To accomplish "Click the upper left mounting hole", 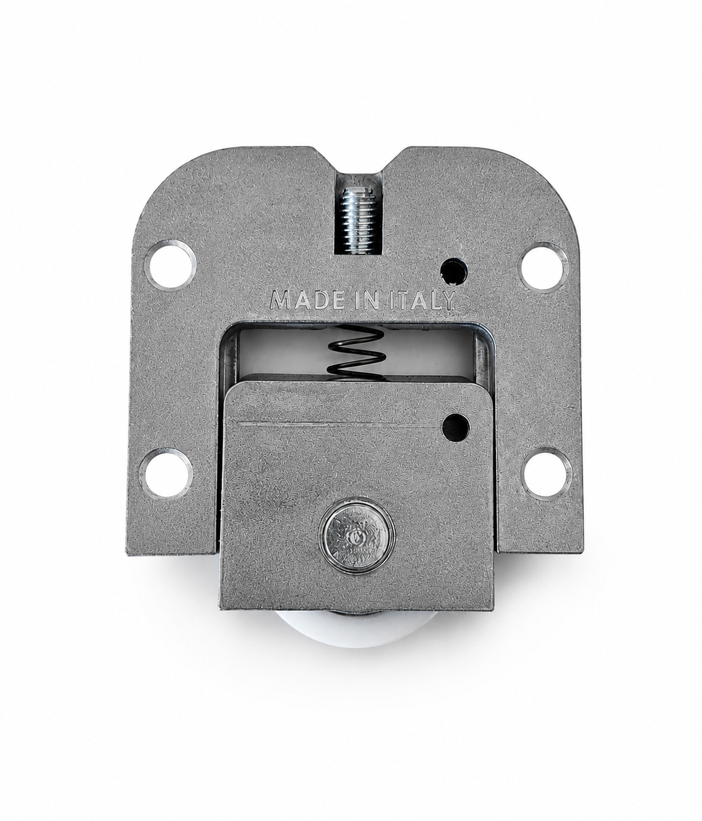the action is click(170, 265).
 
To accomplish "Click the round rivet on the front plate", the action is click(357, 536).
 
